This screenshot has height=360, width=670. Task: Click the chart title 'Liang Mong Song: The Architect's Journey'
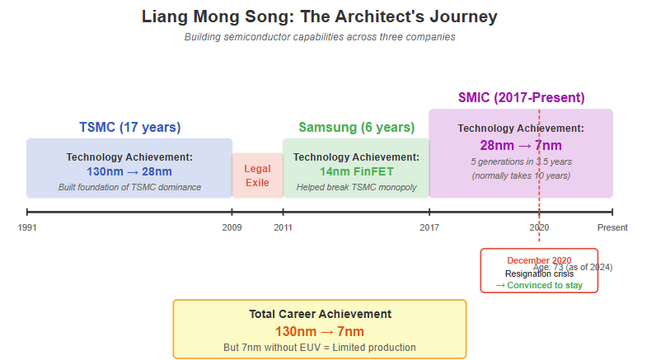[319, 16]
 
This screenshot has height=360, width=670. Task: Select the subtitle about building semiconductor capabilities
[319, 37]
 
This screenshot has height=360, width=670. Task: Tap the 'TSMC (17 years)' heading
[129, 127]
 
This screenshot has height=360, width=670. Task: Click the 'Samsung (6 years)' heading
[356, 127]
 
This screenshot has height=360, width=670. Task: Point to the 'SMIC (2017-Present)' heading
[521, 97]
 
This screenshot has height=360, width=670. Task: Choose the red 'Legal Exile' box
[257, 175]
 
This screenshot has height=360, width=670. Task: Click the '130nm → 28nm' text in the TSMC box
[129, 171]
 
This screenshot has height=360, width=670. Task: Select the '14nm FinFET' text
[356, 171]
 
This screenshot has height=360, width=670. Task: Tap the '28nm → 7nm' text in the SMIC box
[521, 145]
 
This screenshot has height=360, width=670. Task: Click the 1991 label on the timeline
[27, 227]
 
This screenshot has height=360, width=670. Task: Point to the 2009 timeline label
[232, 227]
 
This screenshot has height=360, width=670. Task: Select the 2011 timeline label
[283, 227]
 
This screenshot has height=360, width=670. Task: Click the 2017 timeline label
[429, 227]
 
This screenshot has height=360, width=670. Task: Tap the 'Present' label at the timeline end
[612, 227]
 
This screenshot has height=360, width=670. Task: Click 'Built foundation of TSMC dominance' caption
[129, 187]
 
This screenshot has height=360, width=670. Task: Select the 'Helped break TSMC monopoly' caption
[356, 187]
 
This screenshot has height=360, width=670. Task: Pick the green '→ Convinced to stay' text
[539, 285]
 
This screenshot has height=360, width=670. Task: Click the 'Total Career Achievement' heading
[320, 314]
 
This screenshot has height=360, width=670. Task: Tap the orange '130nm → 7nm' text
[320, 331]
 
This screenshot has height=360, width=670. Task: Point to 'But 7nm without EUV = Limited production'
[320, 348]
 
